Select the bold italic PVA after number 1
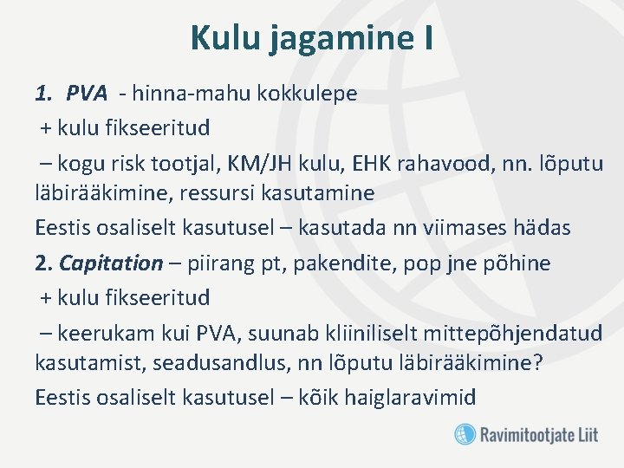point(87,94)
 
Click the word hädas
point(542,228)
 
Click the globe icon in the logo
point(465,433)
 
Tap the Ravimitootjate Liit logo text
point(538,434)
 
